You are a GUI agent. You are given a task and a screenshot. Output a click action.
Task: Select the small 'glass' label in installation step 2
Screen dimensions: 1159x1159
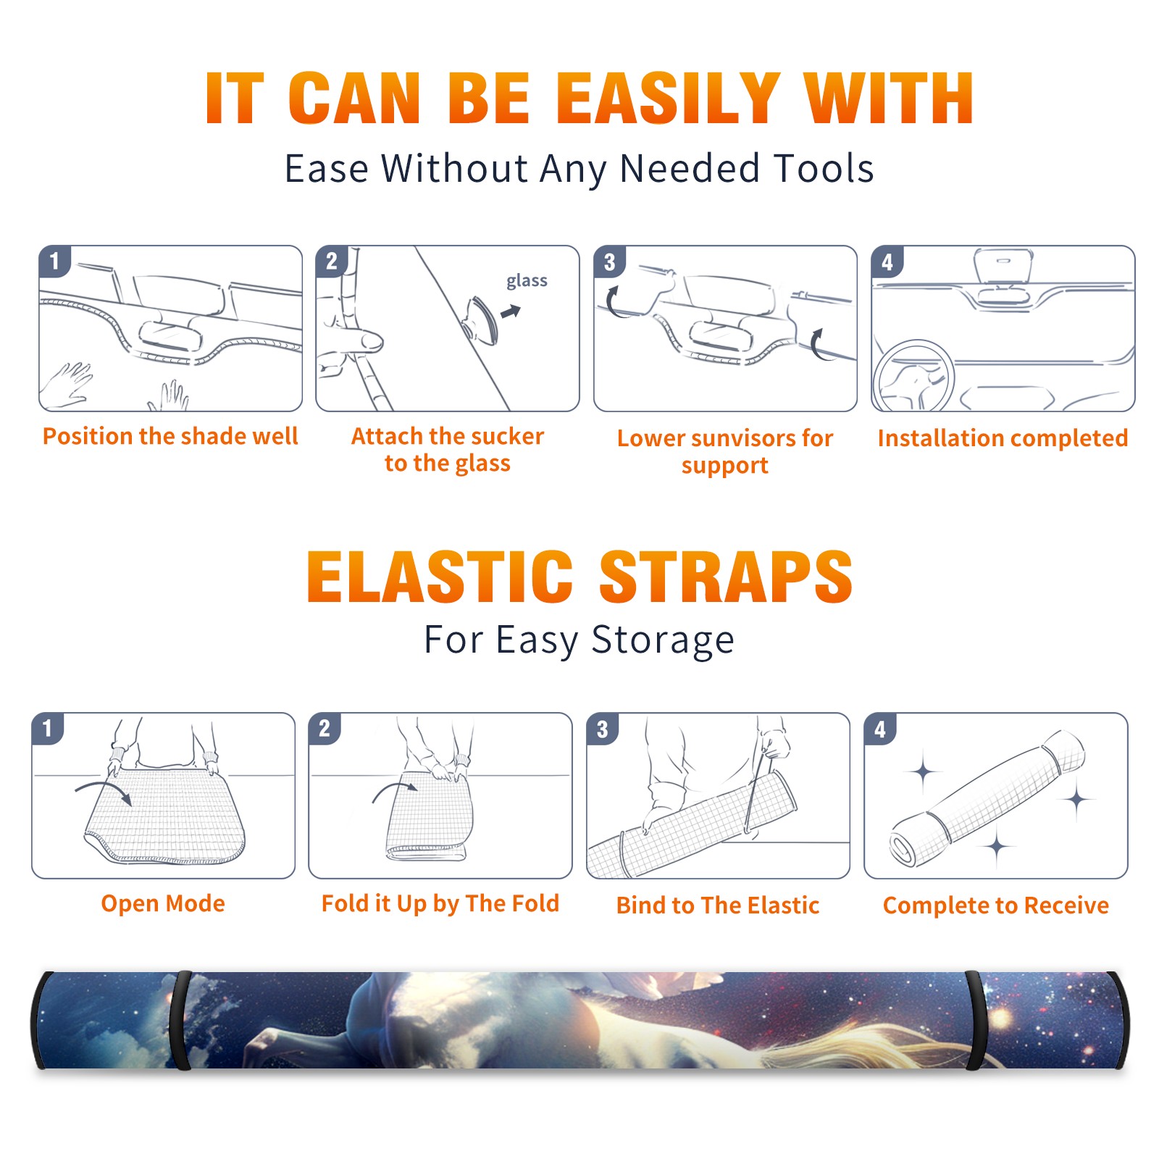tap(527, 281)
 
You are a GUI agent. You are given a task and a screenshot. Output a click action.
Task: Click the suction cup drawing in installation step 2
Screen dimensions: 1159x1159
tap(481, 320)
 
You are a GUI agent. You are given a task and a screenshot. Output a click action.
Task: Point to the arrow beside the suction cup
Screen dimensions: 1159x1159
tap(511, 311)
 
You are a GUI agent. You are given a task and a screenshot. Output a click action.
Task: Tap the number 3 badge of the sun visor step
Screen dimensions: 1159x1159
tap(609, 261)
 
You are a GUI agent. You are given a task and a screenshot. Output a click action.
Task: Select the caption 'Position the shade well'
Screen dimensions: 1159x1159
tap(170, 436)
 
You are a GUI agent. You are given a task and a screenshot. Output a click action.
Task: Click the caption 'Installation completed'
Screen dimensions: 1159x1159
tap(1003, 438)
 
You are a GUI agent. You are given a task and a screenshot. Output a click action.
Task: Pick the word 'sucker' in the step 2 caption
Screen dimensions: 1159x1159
tap(506, 436)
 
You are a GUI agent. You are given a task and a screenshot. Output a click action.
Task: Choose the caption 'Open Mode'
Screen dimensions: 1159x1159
tap(163, 903)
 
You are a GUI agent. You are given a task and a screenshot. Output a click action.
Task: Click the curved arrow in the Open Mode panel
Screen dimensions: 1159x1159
tap(104, 785)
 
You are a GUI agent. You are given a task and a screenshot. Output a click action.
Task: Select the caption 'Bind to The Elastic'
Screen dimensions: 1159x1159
tap(718, 905)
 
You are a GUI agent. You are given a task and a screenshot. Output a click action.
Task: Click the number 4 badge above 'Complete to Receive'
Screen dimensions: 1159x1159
tap(880, 729)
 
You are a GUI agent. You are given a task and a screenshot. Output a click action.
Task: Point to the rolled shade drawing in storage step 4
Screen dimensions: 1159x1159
tap(987, 798)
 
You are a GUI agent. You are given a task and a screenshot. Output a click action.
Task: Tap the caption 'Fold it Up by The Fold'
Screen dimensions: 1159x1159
tap(440, 903)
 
